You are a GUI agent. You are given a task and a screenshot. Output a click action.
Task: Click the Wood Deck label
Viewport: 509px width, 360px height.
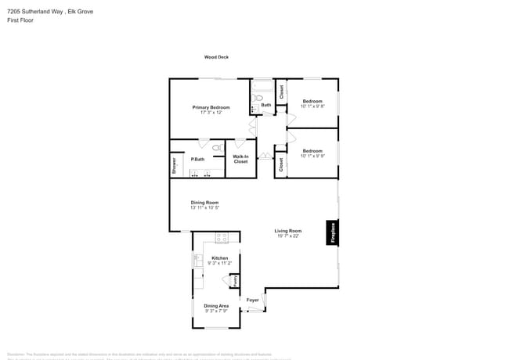coord(216,57)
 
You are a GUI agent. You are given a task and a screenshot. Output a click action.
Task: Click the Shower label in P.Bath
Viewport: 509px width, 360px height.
coord(174,165)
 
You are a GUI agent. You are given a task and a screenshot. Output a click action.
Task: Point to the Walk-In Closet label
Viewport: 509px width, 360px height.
coord(240,160)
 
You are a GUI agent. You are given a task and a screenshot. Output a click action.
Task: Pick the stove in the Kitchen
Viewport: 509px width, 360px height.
coord(222,237)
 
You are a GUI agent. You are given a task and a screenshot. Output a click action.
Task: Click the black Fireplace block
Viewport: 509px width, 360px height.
coord(333,233)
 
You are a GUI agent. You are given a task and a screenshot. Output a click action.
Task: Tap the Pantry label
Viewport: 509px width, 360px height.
coord(236,280)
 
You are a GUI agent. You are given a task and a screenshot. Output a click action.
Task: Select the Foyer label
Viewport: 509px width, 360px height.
coord(253,300)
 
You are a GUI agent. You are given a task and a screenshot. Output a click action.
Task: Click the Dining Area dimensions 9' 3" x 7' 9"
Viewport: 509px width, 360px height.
coord(216,311)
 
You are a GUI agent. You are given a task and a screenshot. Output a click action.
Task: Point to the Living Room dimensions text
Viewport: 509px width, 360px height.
coord(288,236)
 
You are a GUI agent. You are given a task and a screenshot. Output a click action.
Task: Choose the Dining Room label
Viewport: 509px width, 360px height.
coord(204,203)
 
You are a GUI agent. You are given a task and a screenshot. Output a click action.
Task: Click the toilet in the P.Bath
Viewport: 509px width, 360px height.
coord(218,147)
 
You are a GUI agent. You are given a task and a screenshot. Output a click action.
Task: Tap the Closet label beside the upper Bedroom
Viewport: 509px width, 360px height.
coord(281,92)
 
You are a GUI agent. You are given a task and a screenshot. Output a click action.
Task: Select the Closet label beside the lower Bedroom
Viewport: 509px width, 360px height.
coord(280,164)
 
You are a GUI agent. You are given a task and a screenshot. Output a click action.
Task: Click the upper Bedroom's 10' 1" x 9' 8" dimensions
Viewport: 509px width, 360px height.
coord(312,106)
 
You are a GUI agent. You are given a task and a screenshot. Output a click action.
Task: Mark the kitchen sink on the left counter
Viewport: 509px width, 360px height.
coord(196,261)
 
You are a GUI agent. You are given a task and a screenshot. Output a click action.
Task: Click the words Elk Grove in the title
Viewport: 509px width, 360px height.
coord(74,12)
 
